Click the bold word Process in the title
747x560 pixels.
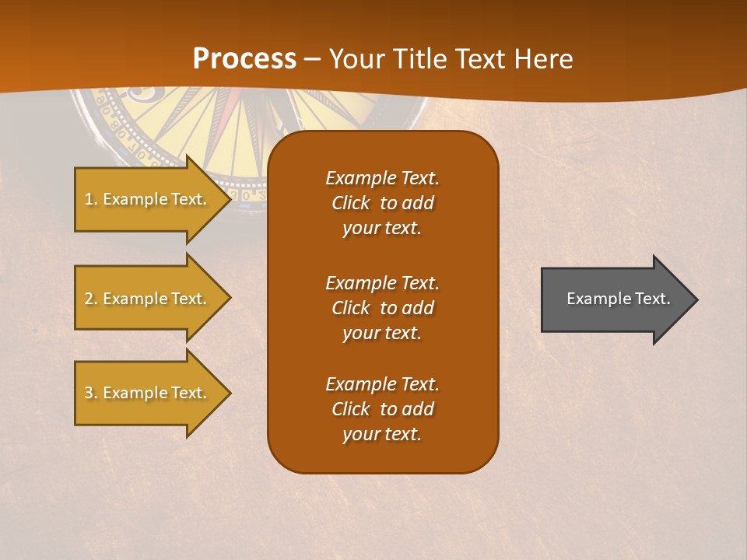(x=244, y=59)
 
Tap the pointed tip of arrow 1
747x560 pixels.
(x=229, y=199)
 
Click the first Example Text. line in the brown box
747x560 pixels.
(x=382, y=178)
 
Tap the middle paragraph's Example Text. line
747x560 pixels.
(x=382, y=283)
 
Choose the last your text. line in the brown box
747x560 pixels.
(x=382, y=435)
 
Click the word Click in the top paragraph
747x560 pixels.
(x=351, y=204)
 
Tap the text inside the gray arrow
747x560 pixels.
(x=618, y=299)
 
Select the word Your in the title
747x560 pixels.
(x=354, y=59)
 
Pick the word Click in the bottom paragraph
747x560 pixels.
(x=351, y=410)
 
